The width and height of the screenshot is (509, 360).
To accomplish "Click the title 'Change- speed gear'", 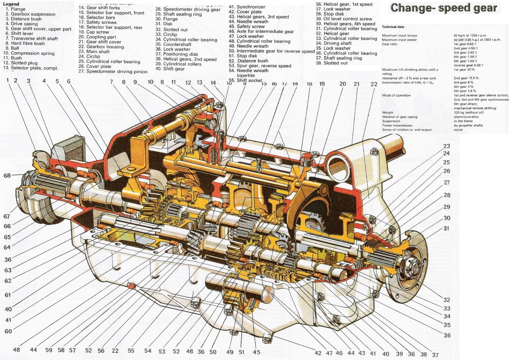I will (444, 8).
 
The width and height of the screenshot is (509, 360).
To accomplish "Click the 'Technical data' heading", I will (393, 27).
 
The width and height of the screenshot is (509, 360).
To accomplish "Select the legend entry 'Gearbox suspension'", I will (33, 14).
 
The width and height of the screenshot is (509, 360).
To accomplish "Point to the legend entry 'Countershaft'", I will (177, 44).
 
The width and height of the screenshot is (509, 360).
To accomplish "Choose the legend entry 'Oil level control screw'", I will (347, 19).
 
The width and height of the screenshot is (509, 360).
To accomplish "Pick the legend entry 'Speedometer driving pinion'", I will (117, 71).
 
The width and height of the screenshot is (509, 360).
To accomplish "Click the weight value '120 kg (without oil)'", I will (471, 112).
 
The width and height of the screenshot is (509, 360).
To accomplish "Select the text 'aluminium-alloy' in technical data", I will (466, 117).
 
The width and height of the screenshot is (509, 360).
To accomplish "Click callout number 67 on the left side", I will (7, 217).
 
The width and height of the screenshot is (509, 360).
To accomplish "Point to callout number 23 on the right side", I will (447, 146).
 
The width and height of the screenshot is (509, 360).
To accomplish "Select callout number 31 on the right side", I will (447, 228).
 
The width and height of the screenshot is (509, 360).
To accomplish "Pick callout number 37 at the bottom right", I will (435, 355).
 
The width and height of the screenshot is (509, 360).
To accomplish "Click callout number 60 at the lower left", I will (8, 331).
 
